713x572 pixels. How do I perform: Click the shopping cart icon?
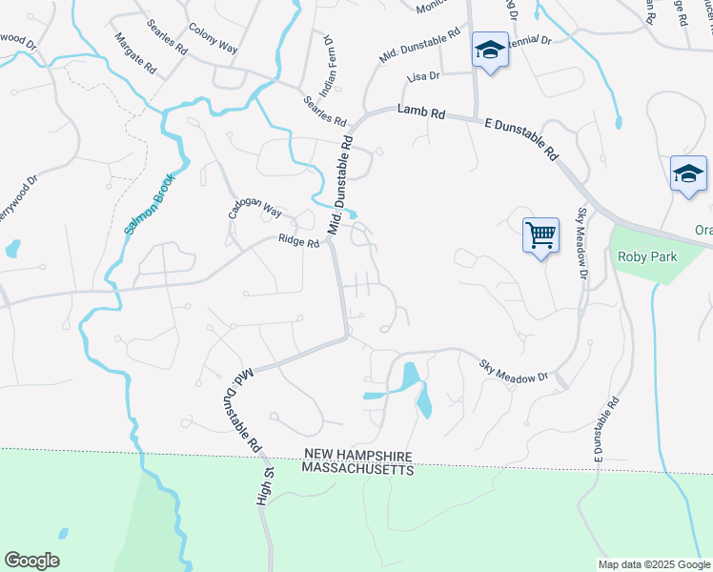[x=540, y=234]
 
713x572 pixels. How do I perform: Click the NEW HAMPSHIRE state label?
[x=357, y=456]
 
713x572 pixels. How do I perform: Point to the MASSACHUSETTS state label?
[x=357, y=470]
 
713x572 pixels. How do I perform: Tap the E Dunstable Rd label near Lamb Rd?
[x=519, y=137]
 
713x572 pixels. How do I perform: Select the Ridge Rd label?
[x=298, y=242]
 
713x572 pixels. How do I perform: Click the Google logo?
[x=31, y=561]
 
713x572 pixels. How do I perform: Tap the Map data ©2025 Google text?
[x=654, y=564]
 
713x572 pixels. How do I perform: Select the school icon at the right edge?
[x=688, y=174]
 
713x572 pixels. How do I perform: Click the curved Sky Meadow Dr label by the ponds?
[x=516, y=370]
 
